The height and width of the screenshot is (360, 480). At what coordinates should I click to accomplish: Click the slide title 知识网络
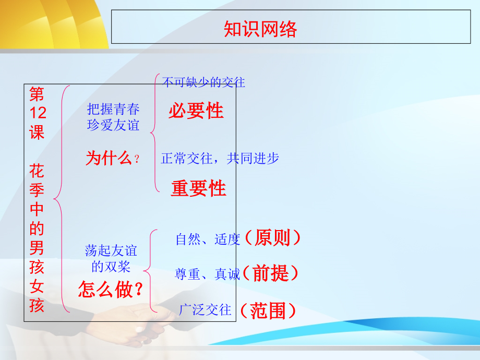coord(260,29)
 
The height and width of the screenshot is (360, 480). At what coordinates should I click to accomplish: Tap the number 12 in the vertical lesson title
coord(37,113)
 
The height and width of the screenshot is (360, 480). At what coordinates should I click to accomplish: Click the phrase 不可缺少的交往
coord(203,82)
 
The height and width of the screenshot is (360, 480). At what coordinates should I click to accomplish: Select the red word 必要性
coord(196,111)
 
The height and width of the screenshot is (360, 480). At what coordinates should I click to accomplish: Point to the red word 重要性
coord(198,188)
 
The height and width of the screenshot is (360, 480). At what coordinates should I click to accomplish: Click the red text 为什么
coord(109,158)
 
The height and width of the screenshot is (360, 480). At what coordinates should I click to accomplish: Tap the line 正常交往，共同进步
coord(220,159)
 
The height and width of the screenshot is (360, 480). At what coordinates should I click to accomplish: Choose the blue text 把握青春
coord(113,109)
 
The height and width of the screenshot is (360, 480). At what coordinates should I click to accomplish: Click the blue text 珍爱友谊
coord(113,125)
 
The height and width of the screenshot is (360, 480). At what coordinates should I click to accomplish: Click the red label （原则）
coord(272,238)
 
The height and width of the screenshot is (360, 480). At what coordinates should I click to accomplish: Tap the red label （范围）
coord(268,311)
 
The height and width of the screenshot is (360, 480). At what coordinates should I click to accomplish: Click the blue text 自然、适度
coord(208,239)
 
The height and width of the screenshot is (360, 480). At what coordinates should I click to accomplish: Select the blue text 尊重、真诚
coord(207,274)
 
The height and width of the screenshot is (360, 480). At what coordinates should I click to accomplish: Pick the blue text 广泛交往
coord(205,310)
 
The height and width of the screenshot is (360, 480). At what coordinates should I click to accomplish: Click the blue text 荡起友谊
coord(111,251)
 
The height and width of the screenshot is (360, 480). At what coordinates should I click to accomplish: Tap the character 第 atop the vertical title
coord(37,94)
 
